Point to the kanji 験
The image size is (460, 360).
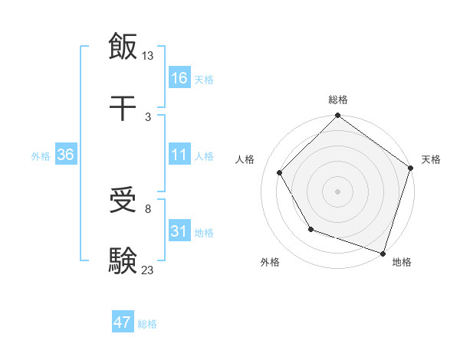(123, 260)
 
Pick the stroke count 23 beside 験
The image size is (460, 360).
(148, 269)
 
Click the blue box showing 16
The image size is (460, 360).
(179, 78)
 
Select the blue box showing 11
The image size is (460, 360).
(179, 155)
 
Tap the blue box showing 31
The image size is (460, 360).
(179, 231)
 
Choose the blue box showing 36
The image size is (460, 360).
(66, 155)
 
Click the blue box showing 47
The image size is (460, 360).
(123, 322)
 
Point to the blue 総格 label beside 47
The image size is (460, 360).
(147, 324)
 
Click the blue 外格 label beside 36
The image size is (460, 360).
(41, 156)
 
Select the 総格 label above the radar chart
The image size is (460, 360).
(338, 100)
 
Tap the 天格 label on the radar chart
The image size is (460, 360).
(431, 159)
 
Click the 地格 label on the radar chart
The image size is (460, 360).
(402, 262)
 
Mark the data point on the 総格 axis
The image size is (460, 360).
(337, 117)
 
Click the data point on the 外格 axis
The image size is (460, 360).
(310, 229)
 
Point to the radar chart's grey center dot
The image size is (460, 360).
(337, 191)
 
